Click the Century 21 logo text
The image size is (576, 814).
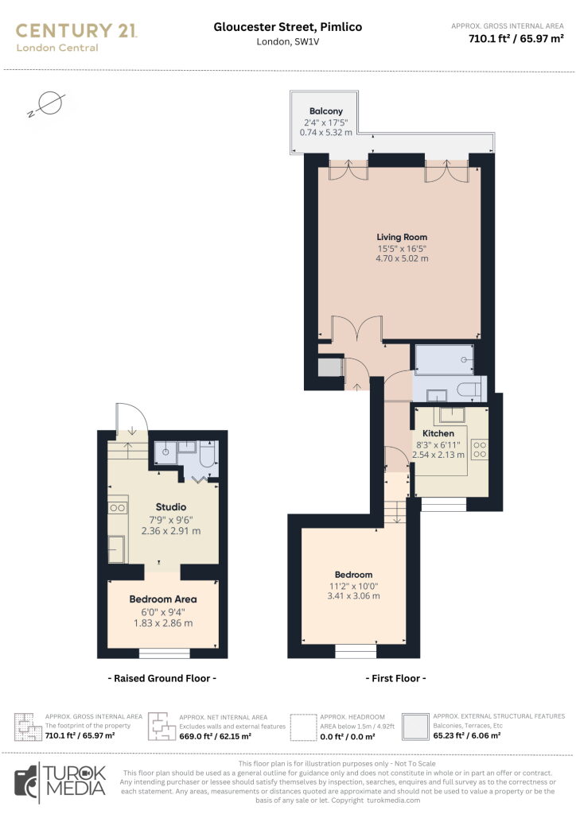(x=76, y=31)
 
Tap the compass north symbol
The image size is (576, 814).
(x=47, y=104)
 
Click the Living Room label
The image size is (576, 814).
(x=402, y=237)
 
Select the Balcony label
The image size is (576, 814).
(x=325, y=110)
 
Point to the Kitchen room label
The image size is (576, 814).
(x=438, y=433)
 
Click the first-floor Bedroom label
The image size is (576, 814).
(x=353, y=574)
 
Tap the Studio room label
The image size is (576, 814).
(x=171, y=506)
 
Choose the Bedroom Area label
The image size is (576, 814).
(x=163, y=599)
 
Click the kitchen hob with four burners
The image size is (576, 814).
(x=480, y=450)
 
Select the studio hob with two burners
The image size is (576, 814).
(x=118, y=508)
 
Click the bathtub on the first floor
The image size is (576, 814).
(x=444, y=359)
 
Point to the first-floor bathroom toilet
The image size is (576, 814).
(x=469, y=389)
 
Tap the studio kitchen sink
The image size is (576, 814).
(x=116, y=548)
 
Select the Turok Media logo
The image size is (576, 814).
(x=60, y=781)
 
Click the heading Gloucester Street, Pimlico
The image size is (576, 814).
(x=288, y=27)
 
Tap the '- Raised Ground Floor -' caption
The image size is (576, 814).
(x=162, y=678)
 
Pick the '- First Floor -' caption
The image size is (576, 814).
(x=395, y=678)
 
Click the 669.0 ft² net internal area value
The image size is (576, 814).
(x=215, y=736)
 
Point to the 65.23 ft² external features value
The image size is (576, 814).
(x=466, y=735)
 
